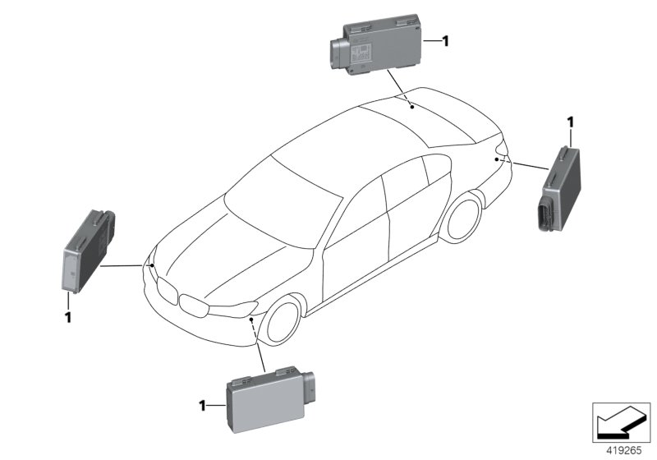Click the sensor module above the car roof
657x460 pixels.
pyautogui.click(x=378, y=48)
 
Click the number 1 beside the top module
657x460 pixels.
pyautogui.click(x=445, y=40)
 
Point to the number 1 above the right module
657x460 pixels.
pyautogui.click(x=569, y=122)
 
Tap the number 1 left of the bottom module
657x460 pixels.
pyautogui.click(x=201, y=405)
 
